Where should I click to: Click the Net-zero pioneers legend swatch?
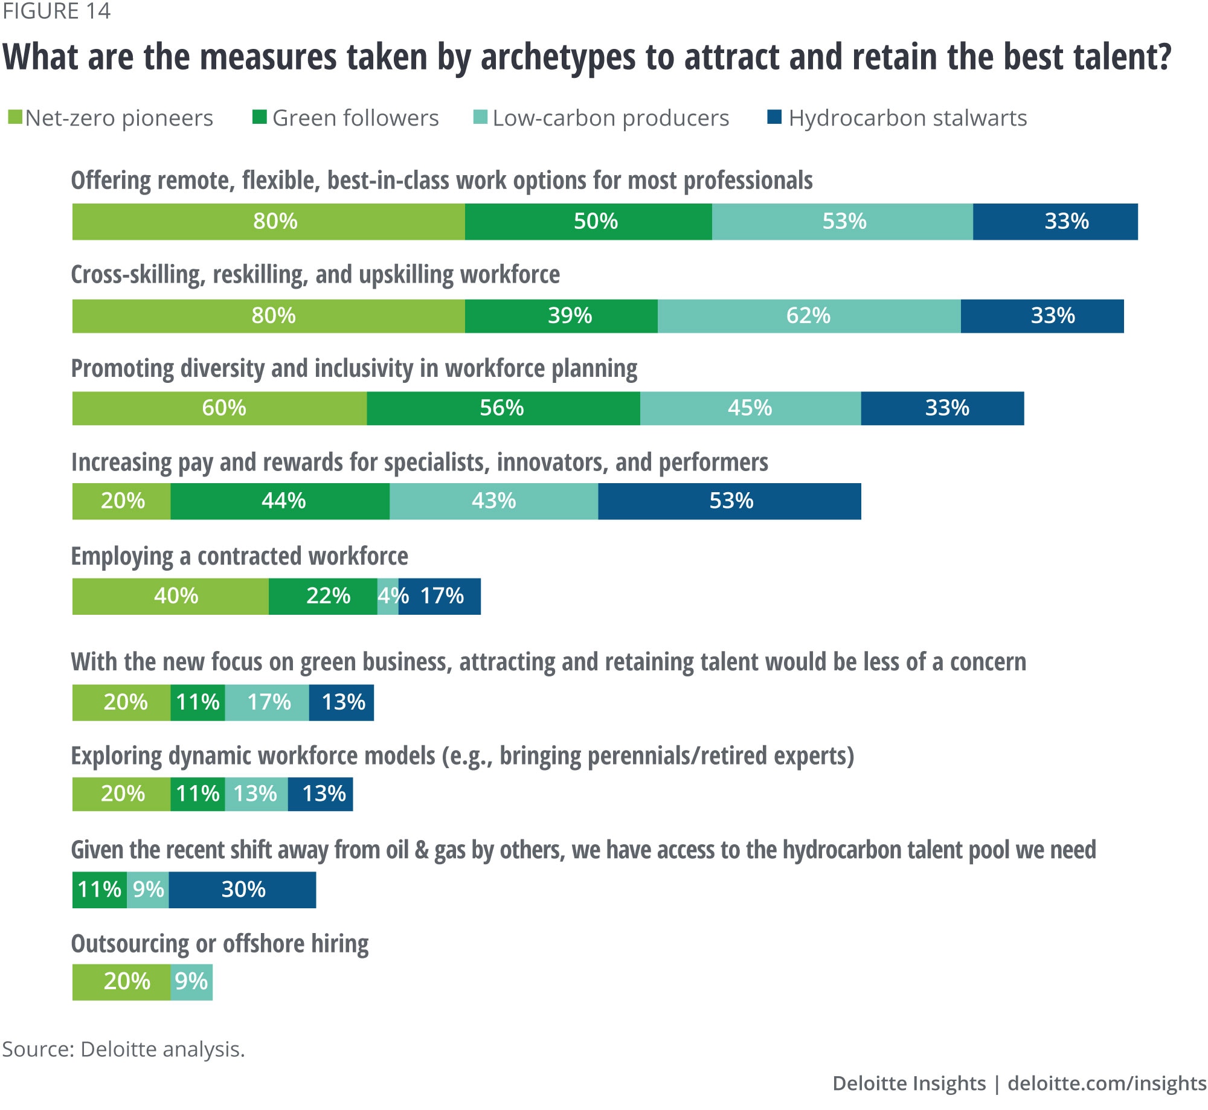pos(15,117)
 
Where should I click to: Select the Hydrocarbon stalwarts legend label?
pos(907,118)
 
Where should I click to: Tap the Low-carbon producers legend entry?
pos(610,118)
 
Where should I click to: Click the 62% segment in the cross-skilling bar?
pos(809,316)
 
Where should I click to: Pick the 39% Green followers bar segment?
pos(561,316)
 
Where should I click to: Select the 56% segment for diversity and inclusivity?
pos(503,408)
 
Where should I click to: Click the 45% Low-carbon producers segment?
pos(750,408)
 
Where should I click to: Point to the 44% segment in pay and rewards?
pos(280,501)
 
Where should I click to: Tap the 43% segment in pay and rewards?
pos(493,501)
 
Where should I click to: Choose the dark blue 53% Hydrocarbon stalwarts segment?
pos(730,501)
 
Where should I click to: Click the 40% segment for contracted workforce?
pos(170,597)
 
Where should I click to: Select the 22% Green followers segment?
pos(323,597)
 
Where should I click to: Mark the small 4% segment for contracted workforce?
pos(388,597)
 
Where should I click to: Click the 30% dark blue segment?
pos(242,890)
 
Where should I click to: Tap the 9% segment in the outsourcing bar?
pos(191,982)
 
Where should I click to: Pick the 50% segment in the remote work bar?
pos(588,222)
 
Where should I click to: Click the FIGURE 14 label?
pos(56,11)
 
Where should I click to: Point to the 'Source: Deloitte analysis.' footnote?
pos(123,1049)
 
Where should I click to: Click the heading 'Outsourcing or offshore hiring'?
pos(219,944)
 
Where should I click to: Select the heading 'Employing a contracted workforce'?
pos(239,556)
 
